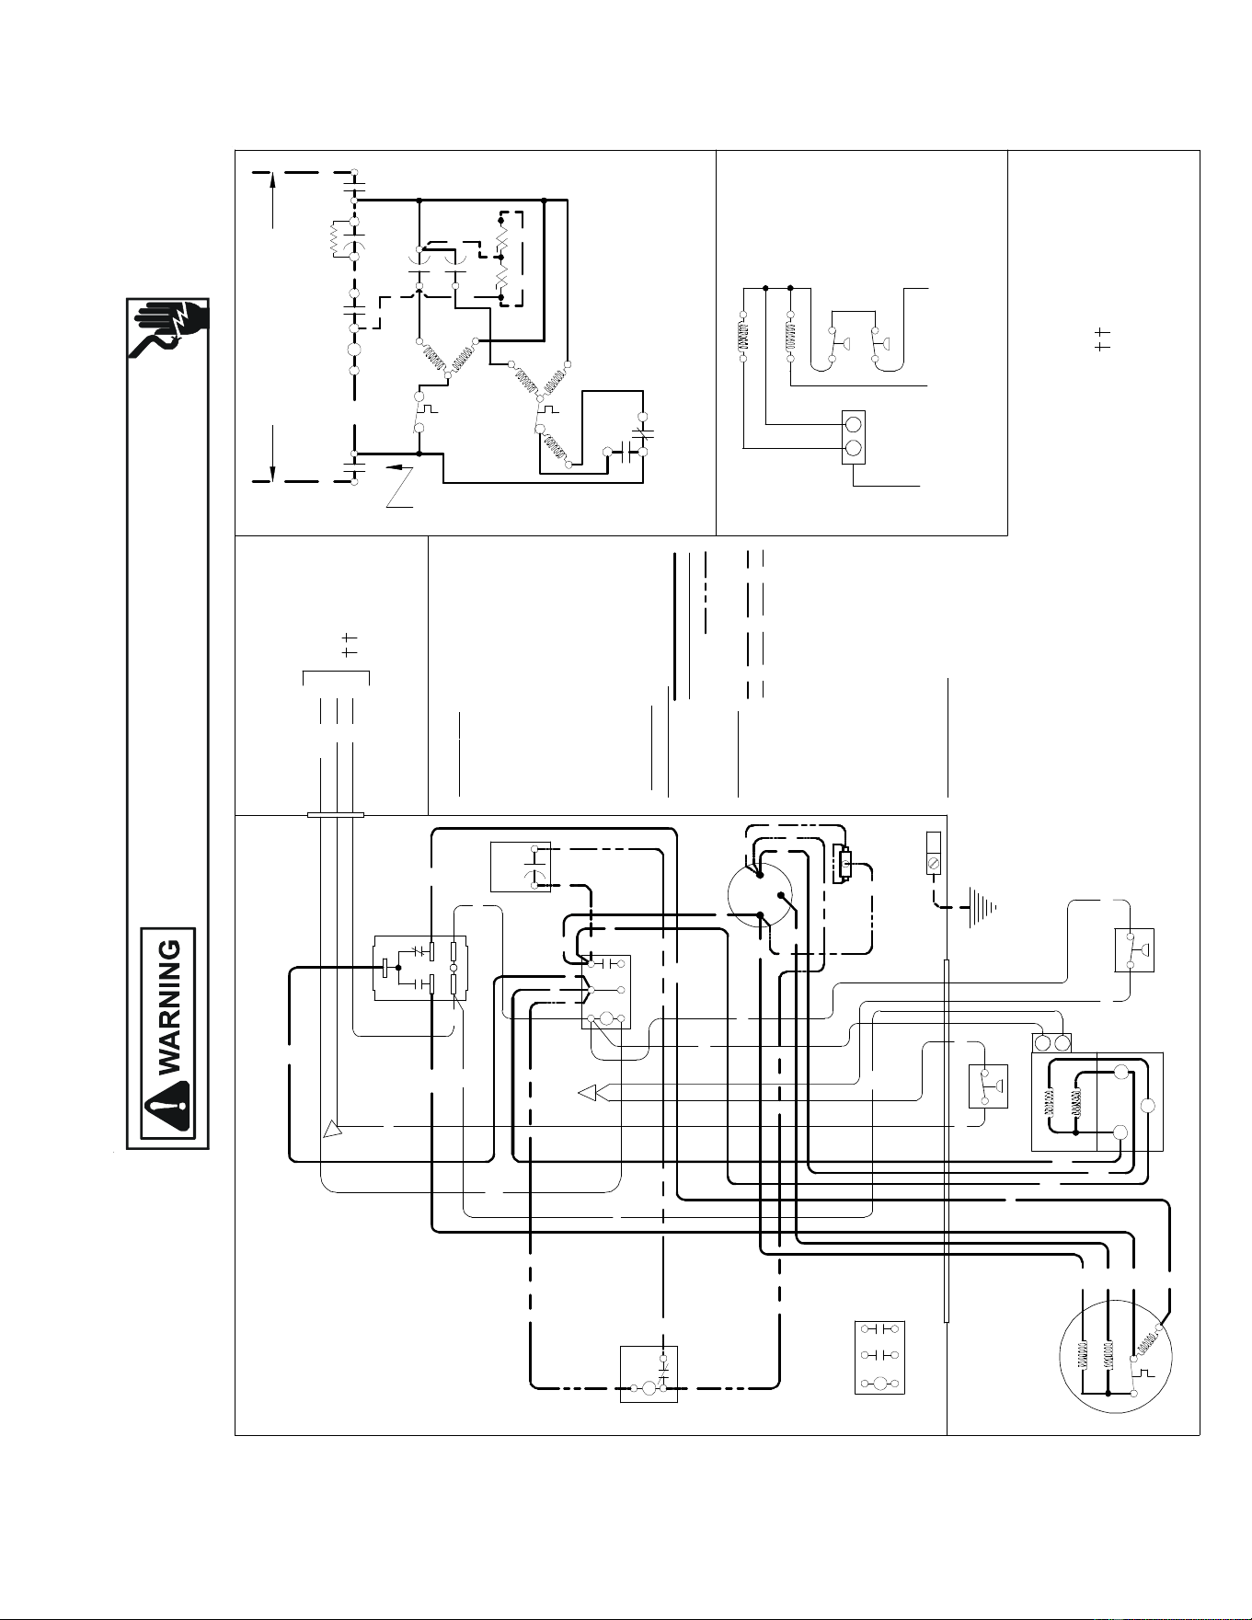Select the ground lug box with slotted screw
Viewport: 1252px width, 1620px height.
[933, 853]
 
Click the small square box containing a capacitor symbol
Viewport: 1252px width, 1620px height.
[520, 867]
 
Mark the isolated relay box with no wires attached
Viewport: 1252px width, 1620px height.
[879, 1358]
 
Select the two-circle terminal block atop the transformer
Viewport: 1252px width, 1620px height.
[1052, 1043]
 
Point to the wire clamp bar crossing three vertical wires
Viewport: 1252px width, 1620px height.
[335, 814]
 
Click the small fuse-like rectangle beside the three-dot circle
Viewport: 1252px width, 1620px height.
[842, 864]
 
